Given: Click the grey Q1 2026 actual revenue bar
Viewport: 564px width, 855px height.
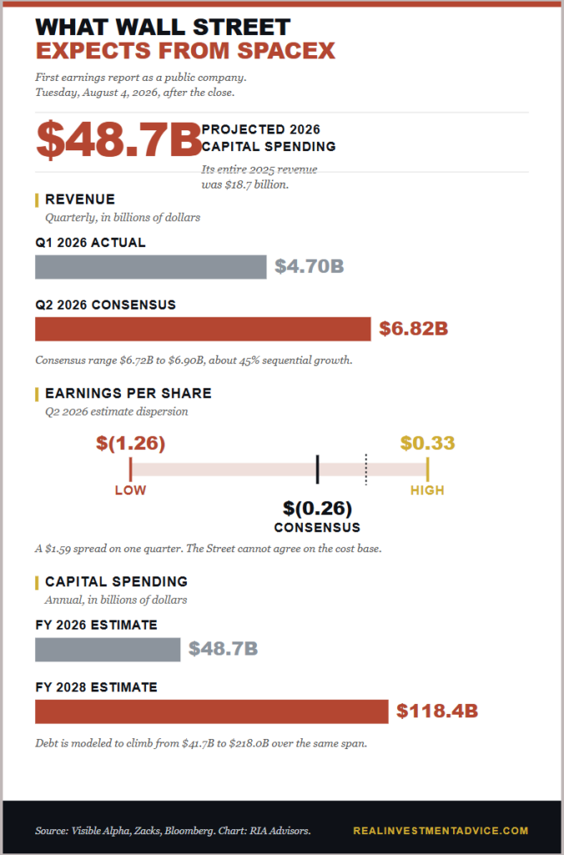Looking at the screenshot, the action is (151, 267).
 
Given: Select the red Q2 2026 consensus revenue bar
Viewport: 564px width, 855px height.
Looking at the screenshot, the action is (203, 329).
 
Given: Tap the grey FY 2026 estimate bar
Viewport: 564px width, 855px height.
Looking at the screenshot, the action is (108, 650).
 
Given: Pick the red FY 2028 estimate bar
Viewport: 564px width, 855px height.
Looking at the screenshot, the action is (212, 711).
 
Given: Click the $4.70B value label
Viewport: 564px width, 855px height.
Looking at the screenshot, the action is (310, 266).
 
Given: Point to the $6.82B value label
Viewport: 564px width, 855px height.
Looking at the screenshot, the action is (414, 329).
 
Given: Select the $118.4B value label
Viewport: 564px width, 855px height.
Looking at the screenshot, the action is (437, 711).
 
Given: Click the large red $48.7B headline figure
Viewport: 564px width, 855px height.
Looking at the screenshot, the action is (118, 139).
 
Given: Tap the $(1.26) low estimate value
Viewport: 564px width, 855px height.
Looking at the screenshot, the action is (131, 443).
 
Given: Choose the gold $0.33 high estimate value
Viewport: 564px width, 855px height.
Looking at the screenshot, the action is (428, 443).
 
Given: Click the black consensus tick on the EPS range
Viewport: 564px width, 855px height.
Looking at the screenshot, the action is (318, 469).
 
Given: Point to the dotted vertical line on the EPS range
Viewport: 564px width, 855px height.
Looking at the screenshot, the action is (366, 469).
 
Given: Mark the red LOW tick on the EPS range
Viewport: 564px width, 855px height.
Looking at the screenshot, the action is (131, 469).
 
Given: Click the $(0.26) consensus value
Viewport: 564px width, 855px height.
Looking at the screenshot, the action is (318, 508).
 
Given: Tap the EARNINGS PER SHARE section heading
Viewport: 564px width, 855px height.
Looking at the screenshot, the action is (128, 393).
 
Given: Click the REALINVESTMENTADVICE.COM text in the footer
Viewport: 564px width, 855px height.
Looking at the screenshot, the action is (441, 831).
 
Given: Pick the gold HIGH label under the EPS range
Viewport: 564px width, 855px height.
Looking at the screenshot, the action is (427, 491).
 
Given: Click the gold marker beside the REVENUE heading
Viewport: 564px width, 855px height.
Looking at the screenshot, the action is (37, 200).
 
